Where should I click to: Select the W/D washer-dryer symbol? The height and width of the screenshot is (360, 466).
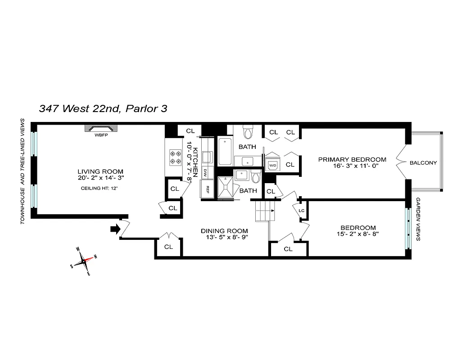point(273,166)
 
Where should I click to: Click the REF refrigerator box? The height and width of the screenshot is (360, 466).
point(208,189)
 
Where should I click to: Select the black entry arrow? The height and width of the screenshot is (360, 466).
point(115,229)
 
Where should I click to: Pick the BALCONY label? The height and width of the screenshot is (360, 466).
point(423,163)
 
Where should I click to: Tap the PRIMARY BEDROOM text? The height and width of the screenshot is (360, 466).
point(352,159)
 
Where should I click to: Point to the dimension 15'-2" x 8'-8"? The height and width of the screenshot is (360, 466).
point(358,235)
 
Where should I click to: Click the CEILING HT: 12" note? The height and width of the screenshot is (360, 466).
point(100,188)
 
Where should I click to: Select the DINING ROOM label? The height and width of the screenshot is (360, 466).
point(224,231)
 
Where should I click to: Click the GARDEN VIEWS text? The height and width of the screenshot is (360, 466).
point(418,219)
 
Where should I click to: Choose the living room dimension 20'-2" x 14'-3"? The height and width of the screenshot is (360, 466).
point(100,178)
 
